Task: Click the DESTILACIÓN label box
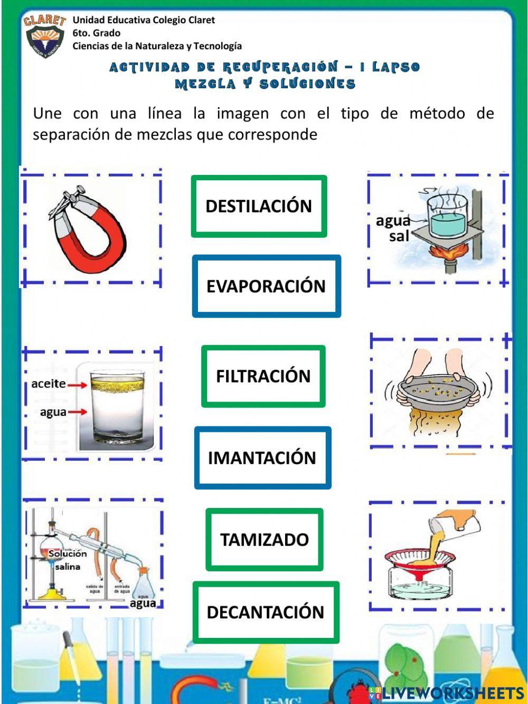[x=259, y=206]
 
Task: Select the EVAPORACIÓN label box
[x=266, y=286]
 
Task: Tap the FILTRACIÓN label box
[x=263, y=376]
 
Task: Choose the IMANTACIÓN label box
[x=262, y=458]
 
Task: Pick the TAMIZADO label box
[x=264, y=540]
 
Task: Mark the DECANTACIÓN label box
[x=266, y=612]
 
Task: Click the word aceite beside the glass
[x=49, y=384]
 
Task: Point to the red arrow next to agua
[x=77, y=412]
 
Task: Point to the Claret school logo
[x=44, y=36]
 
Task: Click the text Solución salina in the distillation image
[x=67, y=560]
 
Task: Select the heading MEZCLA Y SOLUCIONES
[x=265, y=84]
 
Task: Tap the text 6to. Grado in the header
[x=96, y=33]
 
